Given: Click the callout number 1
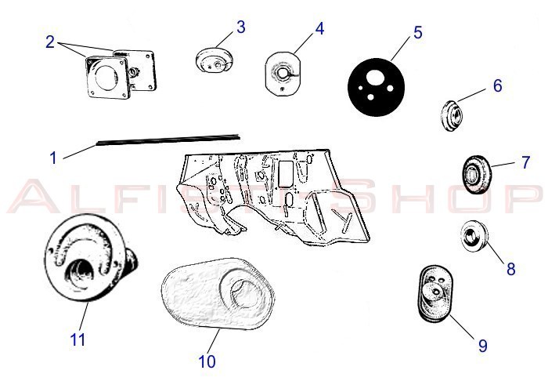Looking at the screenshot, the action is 53,158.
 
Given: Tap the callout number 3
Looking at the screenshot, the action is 241,27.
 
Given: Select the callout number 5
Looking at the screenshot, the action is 418,33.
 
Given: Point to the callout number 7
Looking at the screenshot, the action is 525,162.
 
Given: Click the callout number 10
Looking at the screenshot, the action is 207,361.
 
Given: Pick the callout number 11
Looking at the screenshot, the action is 78,339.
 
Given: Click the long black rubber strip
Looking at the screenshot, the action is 168,139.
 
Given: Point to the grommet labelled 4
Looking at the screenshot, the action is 283,73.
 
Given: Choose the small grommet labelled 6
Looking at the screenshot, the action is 451,116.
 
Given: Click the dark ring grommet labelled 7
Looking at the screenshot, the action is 476,175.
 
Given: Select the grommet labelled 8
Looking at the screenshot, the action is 474,236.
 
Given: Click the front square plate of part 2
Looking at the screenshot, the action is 107,77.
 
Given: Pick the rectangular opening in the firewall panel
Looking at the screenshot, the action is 286,173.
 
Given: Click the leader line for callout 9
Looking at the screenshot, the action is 462,327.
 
